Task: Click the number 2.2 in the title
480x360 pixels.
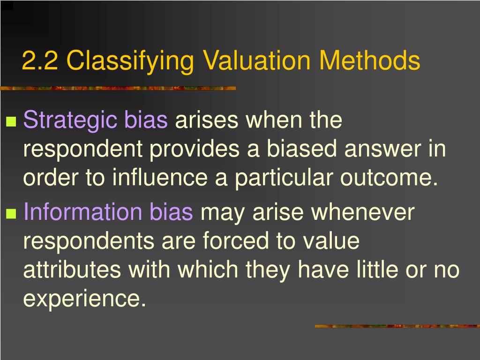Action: coord(40,61)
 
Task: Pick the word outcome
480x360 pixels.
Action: coord(387,179)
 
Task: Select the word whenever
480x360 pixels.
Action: coord(363,212)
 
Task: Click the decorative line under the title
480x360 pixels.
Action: coord(117,88)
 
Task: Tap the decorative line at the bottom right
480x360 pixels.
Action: coord(397,326)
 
